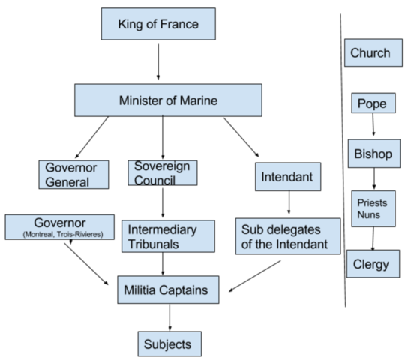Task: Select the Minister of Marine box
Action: [167, 100]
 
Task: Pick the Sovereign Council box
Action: [162, 172]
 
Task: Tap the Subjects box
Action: [169, 343]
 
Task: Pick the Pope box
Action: [372, 103]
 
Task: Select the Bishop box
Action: [372, 155]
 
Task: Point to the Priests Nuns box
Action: [373, 209]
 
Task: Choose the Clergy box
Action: [372, 263]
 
